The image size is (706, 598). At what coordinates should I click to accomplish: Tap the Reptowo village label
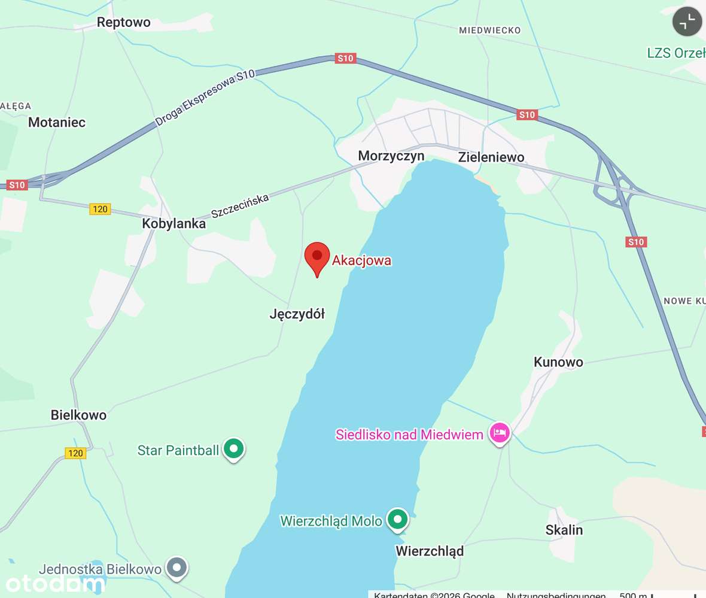(x=124, y=23)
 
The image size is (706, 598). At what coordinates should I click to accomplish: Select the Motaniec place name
(x=57, y=122)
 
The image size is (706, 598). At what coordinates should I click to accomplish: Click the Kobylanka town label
(x=174, y=224)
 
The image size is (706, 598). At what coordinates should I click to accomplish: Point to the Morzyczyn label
(x=391, y=156)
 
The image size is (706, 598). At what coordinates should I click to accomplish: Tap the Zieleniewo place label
(x=491, y=157)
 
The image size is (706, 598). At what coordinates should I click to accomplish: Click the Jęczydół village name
(x=297, y=314)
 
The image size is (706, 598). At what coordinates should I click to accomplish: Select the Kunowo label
(x=558, y=362)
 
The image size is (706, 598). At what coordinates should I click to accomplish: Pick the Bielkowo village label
(x=78, y=415)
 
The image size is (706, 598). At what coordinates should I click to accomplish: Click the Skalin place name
(x=564, y=530)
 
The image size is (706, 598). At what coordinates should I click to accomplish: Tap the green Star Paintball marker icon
(x=233, y=449)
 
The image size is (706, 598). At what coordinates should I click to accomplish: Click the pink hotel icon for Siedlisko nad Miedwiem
(x=500, y=433)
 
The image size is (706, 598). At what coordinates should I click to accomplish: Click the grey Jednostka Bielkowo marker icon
(x=176, y=567)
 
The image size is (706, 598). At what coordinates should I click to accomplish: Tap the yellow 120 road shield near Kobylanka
(x=100, y=209)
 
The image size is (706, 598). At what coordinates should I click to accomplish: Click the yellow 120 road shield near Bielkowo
(x=75, y=453)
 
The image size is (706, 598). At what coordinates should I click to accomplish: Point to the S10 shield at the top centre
(x=346, y=58)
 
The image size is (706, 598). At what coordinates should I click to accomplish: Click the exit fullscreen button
(x=687, y=22)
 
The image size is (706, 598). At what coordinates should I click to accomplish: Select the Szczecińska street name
(x=241, y=207)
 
